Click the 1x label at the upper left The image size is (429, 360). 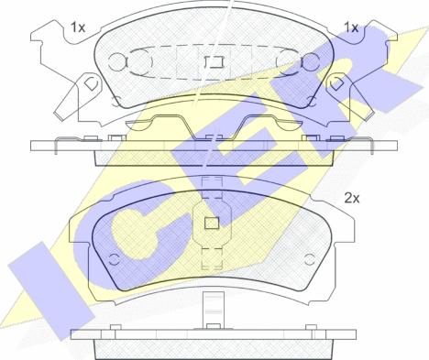click(78, 27)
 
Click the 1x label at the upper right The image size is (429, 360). click(351, 27)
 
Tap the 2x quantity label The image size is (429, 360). click(352, 199)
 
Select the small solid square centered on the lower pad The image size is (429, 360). click(212, 224)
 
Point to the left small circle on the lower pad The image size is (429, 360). click(115, 259)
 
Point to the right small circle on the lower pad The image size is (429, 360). click(309, 259)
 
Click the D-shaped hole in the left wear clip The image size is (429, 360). click(90, 83)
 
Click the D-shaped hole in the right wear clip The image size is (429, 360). click(336, 83)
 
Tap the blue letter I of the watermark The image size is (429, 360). click(51, 291)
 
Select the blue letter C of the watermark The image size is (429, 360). click(128, 232)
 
